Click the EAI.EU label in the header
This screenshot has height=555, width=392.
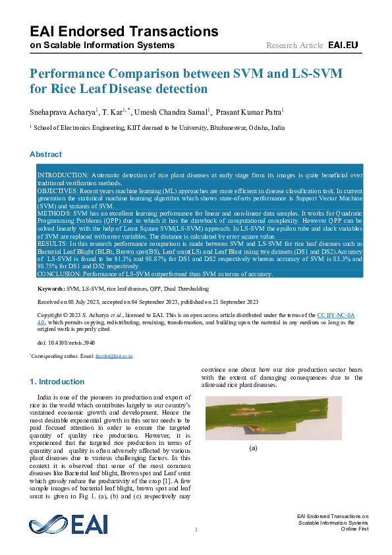click(x=343, y=45)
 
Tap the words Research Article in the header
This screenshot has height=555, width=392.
click(x=294, y=45)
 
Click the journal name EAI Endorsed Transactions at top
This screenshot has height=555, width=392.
click(x=124, y=31)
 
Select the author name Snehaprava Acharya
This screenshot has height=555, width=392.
click(x=62, y=111)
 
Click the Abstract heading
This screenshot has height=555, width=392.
click(x=45, y=154)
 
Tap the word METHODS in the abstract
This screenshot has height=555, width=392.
click(x=53, y=215)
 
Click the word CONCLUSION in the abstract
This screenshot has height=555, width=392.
click(x=60, y=273)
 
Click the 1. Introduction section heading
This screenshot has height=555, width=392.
click(x=57, y=382)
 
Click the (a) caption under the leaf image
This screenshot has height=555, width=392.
click(x=252, y=448)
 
